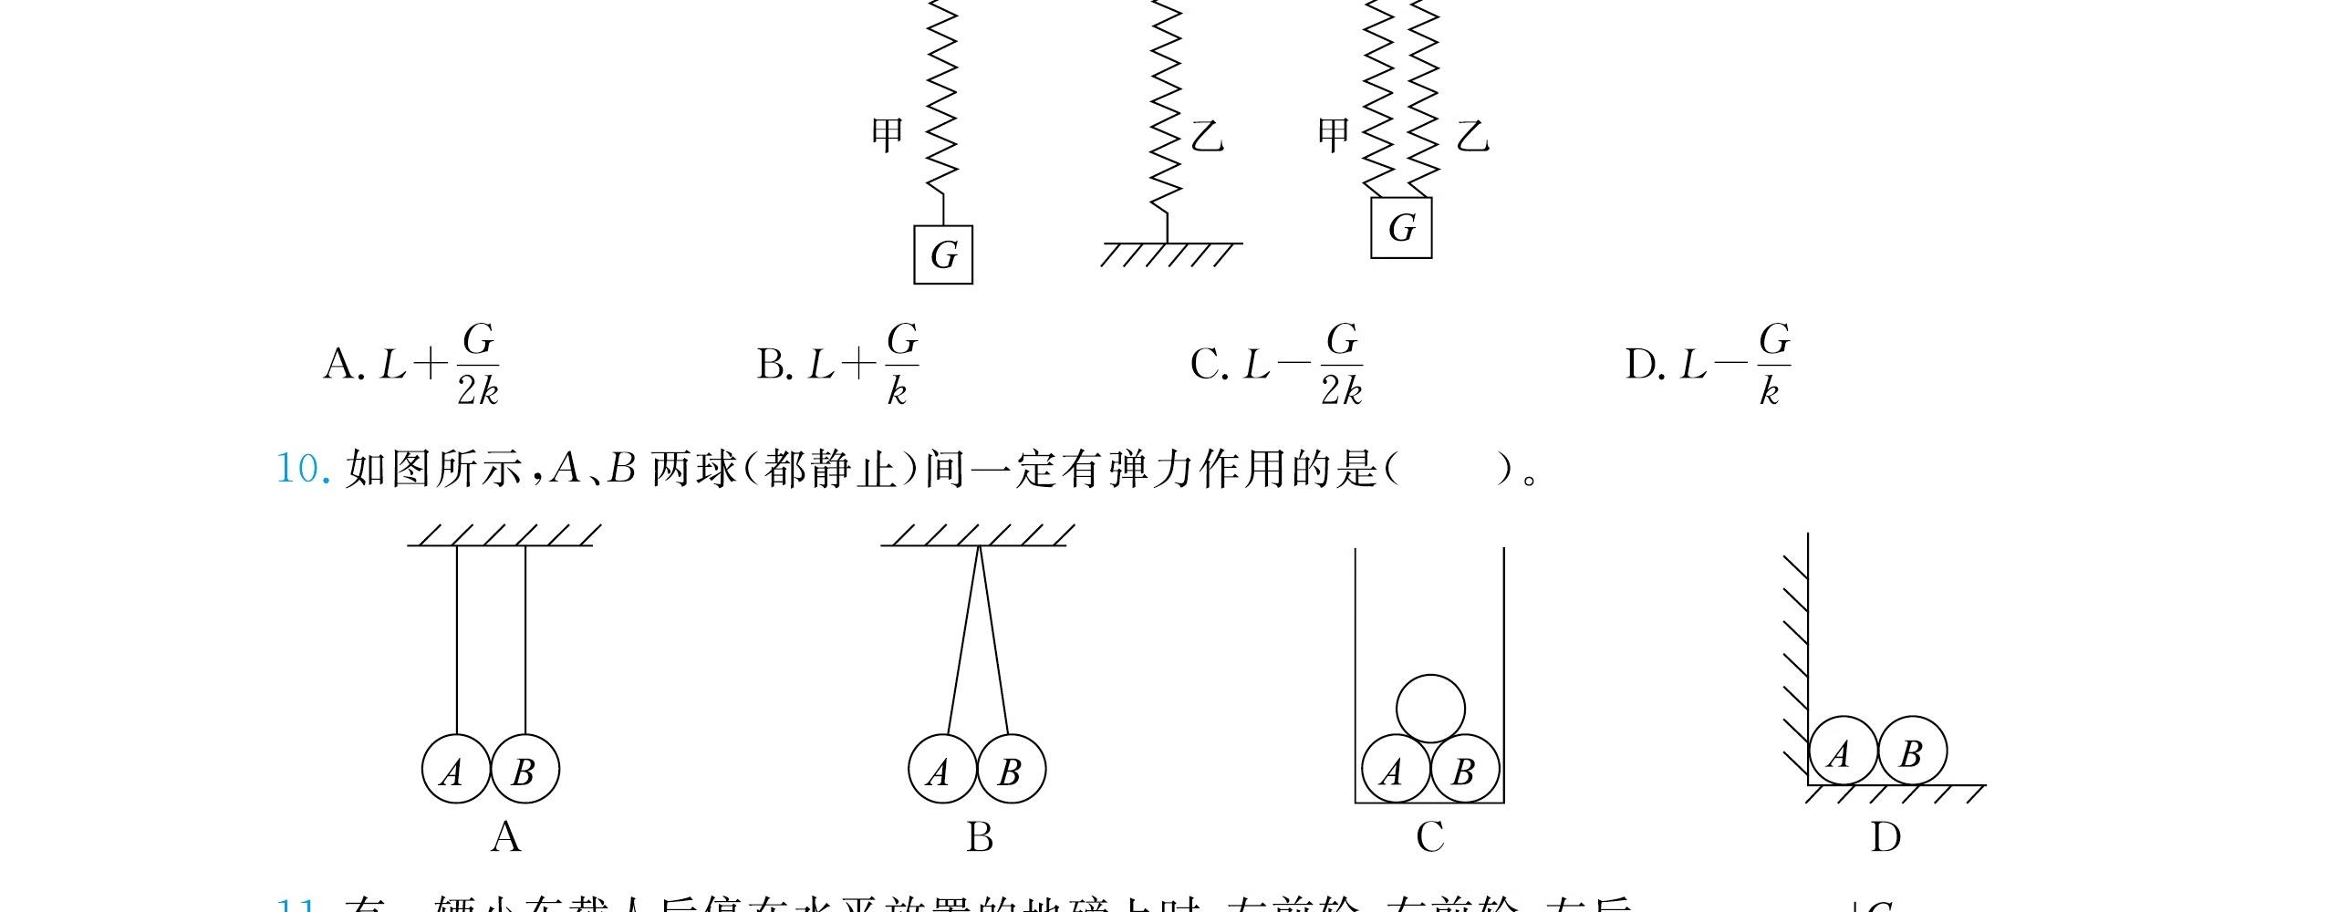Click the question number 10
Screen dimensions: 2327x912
pos(300,470)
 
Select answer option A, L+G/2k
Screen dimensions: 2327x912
pos(410,365)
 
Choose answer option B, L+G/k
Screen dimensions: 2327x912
pos(837,365)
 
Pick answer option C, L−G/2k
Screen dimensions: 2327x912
pos(1276,365)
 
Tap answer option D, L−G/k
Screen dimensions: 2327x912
pos(1707,365)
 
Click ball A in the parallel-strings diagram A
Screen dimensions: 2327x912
pos(455,769)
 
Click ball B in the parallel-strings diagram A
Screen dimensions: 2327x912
pos(525,769)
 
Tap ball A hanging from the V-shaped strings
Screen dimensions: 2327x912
pos(942,769)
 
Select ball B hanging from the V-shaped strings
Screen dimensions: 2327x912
pos(1011,769)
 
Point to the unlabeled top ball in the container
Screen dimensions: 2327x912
pos(1430,709)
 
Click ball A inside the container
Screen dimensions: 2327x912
pos(1395,769)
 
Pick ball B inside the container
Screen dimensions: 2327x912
pos(1464,769)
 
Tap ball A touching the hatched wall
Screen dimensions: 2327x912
pos(1843,751)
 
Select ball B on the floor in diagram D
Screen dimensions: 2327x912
pos(1912,751)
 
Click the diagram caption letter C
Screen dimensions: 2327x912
pos(1430,836)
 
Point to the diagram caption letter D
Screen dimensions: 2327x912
pos(1885,836)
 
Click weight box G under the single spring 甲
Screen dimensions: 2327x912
pos(943,254)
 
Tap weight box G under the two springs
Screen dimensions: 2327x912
pos(1401,227)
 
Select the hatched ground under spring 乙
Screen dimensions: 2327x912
pos(1170,253)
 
